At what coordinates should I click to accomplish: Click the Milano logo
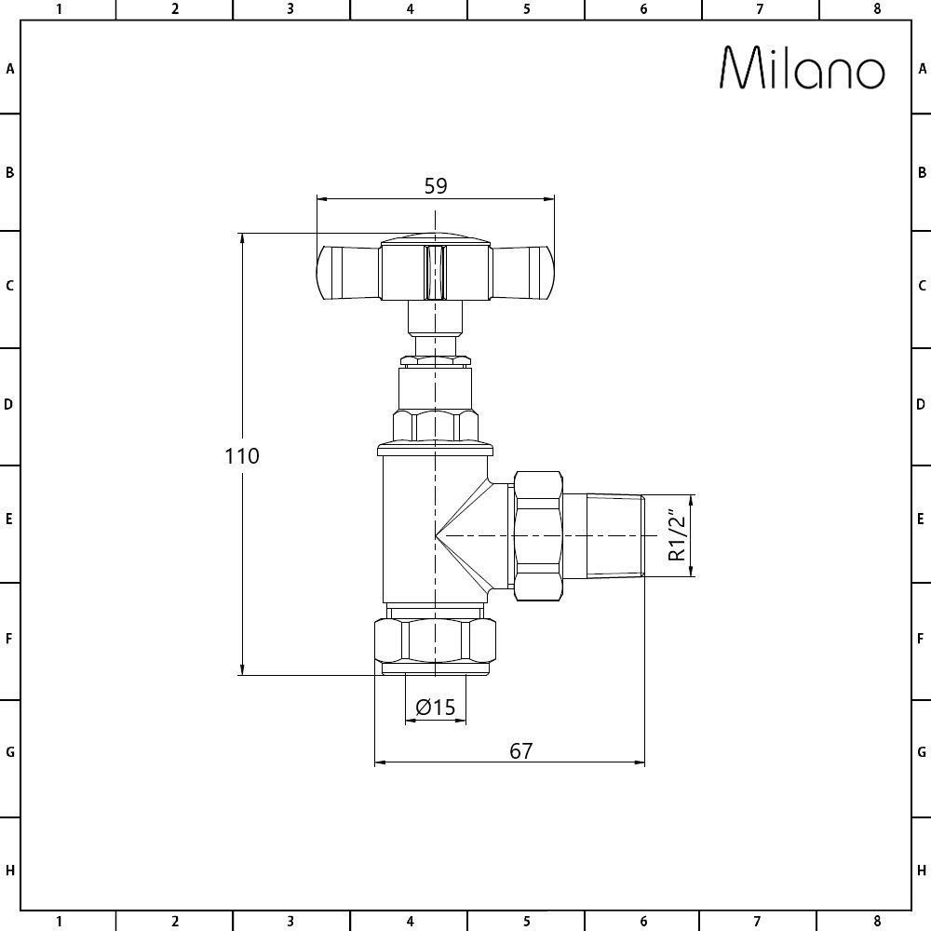click(803, 69)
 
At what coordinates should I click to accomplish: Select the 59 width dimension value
click(436, 185)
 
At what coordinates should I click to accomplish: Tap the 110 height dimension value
click(241, 456)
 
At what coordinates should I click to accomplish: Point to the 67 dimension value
click(521, 750)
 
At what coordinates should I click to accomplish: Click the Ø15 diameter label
click(435, 708)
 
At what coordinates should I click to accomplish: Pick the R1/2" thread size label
click(677, 536)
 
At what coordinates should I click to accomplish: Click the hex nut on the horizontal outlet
click(538, 536)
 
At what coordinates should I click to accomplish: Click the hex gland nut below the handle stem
click(435, 424)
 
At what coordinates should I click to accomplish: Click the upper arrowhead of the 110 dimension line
click(243, 238)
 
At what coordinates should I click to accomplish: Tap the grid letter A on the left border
click(10, 68)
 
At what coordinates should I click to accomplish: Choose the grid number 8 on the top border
click(877, 9)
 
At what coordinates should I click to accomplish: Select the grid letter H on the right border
click(921, 870)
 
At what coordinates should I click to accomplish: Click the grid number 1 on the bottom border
click(59, 922)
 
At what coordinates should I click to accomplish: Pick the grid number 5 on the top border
click(526, 9)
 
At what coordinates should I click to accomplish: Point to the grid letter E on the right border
click(921, 519)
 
